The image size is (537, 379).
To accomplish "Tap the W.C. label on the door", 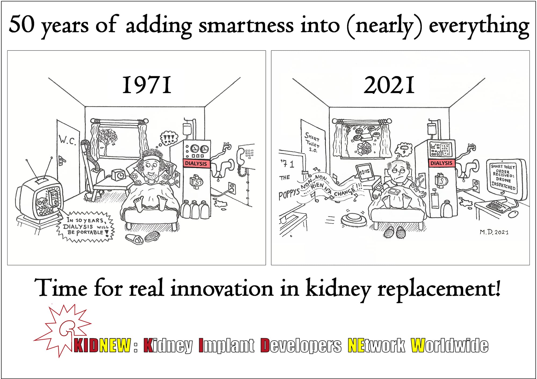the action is point(67,140).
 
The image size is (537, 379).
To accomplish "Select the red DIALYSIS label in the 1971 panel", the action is point(196,163).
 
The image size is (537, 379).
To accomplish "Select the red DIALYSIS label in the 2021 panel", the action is point(441,163).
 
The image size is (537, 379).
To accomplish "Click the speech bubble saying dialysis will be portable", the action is point(85,226).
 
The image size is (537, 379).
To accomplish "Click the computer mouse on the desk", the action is point(513,214).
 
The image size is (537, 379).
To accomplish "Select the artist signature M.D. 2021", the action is point(494,232).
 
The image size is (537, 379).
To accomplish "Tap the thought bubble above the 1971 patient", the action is point(169,138).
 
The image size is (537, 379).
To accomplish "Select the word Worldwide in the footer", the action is point(449,345).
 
